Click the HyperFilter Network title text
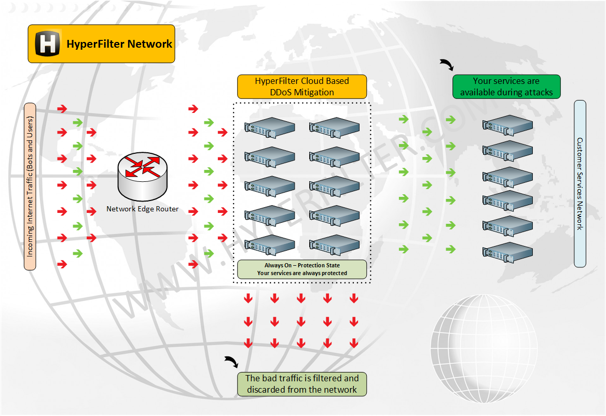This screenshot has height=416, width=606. [119, 44]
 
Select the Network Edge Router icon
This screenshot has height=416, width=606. [143, 176]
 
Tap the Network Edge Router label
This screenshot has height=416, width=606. [143, 209]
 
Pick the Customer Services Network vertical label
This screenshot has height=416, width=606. [580, 184]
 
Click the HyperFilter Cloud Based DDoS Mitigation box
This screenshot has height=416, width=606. [302, 87]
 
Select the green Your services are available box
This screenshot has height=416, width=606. [506, 87]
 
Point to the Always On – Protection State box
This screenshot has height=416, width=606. [302, 269]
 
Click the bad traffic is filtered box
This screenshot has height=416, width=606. [302, 384]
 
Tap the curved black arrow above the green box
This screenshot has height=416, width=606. [446, 65]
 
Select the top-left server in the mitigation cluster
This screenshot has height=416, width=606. [270, 127]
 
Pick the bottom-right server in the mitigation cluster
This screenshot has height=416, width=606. [334, 245]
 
